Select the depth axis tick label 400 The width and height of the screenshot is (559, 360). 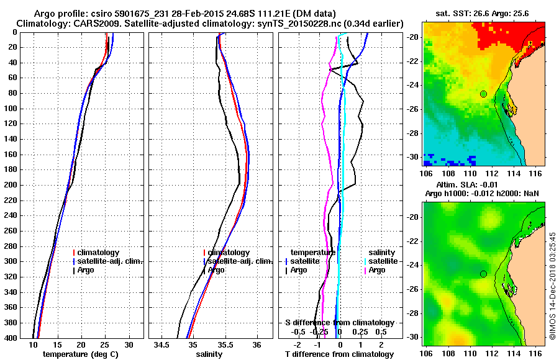tap(11, 338)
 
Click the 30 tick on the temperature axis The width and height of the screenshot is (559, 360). tap(129, 344)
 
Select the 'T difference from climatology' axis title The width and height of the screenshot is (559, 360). tap(339, 354)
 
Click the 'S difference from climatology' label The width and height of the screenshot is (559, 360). tap(339, 323)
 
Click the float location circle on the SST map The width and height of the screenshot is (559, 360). tap(483, 94)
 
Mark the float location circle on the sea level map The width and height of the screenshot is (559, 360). tap(483, 274)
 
